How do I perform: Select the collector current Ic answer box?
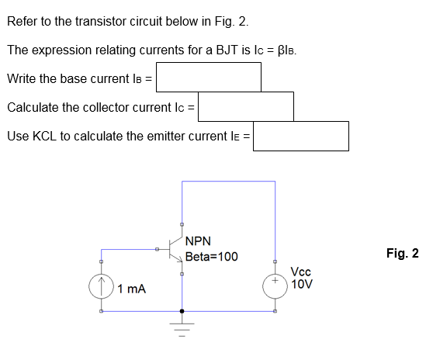pos(245,106)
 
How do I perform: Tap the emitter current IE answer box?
pos(301,137)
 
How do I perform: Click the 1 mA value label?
pos(133,289)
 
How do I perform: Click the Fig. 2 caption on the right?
pos(402,253)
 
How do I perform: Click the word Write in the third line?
pos(21,78)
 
